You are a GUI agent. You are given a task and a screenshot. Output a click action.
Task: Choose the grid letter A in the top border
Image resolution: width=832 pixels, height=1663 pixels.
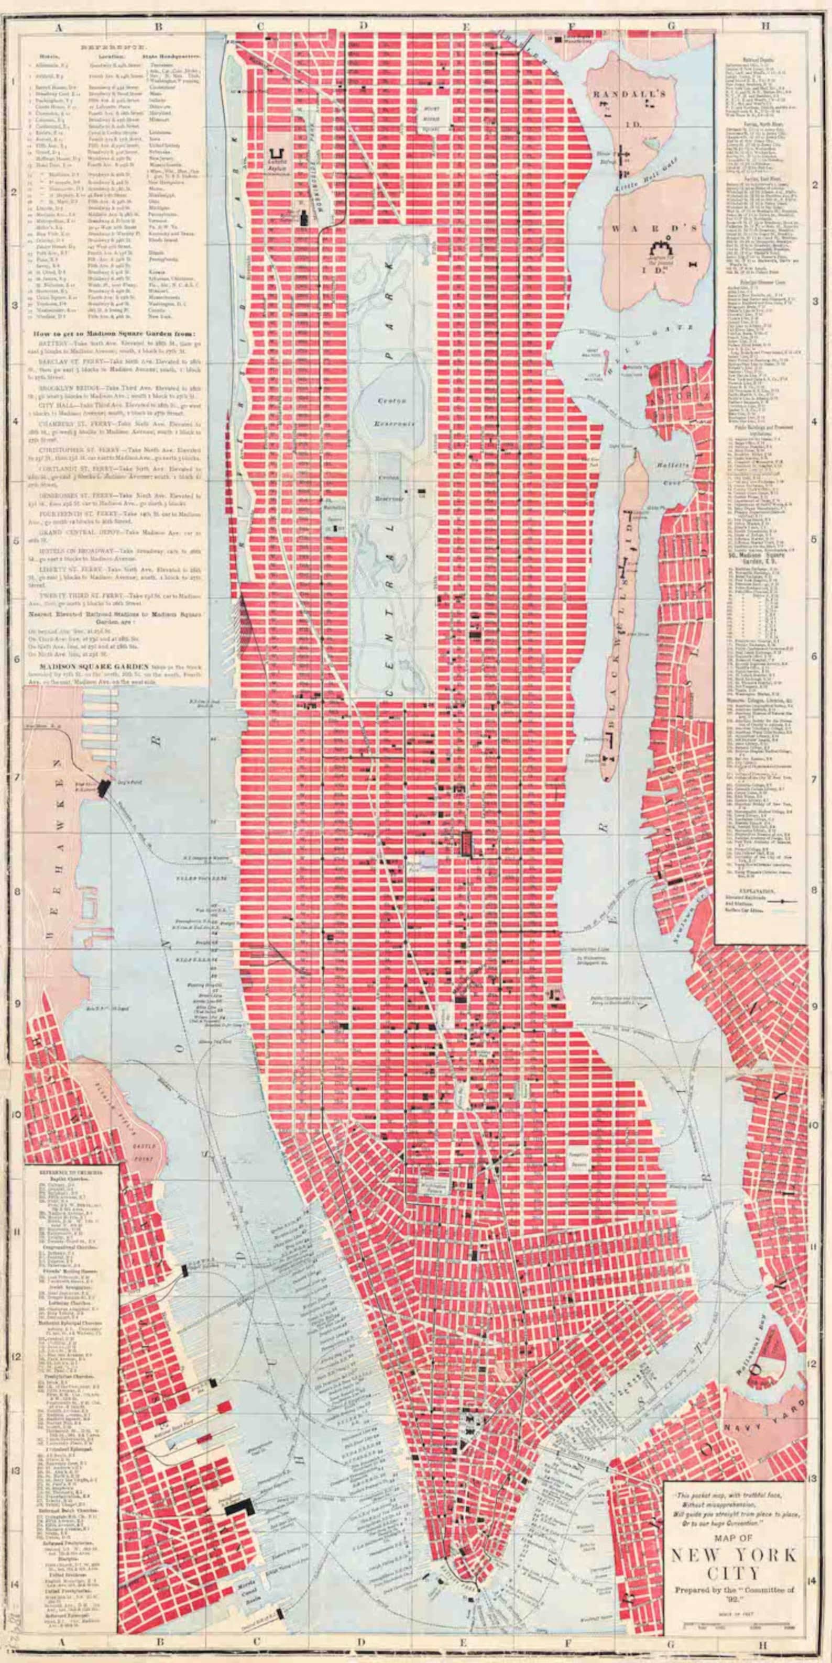coord(58,27)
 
